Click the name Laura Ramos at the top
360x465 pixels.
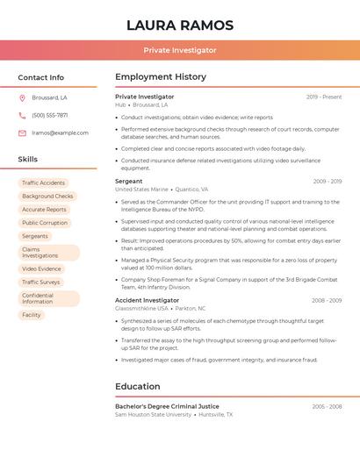click(180, 25)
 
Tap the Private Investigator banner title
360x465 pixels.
click(180, 50)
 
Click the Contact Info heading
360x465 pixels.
click(40, 77)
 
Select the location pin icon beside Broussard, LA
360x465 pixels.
click(22, 97)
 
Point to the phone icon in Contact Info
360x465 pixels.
click(22, 115)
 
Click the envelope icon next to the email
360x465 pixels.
click(22, 132)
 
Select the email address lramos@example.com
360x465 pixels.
click(60, 132)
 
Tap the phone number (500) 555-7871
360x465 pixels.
click(50, 115)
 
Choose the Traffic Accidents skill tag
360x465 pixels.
click(43, 183)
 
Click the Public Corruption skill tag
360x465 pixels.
click(45, 223)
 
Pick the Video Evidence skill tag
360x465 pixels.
click(41, 268)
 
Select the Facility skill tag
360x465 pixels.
click(32, 315)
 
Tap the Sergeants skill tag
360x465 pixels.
click(35, 236)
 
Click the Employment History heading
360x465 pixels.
click(161, 77)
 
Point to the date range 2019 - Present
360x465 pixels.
click(324, 97)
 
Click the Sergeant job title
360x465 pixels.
click(128, 182)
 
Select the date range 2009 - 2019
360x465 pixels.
click(327, 182)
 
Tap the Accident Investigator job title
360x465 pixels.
click(147, 300)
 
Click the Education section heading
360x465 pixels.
click(137, 386)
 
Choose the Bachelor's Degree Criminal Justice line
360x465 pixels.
click(167, 406)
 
